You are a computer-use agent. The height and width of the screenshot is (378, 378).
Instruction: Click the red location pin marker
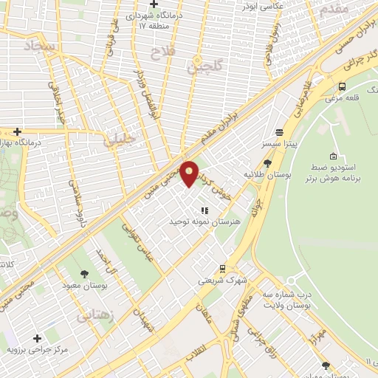pyautogui.click(x=190, y=173)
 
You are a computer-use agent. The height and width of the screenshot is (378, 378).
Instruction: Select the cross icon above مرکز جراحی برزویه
pyautogui.click(x=37, y=337)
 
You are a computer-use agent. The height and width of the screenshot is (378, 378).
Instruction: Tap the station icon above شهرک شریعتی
pyautogui.click(x=222, y=268)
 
